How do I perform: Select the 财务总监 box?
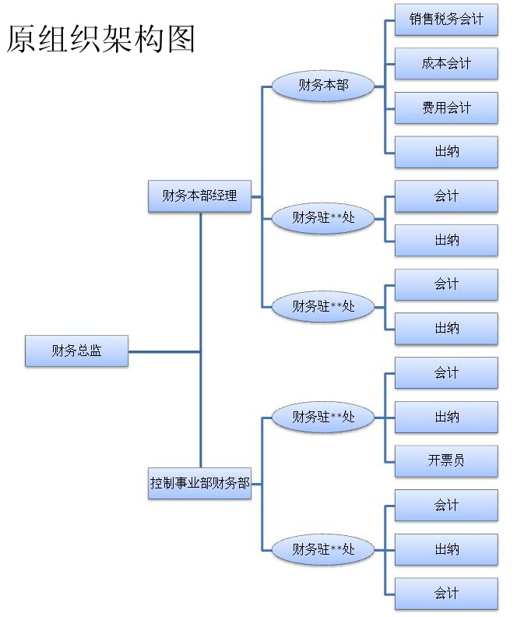[76, 351]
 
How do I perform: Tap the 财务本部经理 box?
[199, 196]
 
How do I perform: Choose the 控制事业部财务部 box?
[199, 483]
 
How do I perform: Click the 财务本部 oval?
[323, 85]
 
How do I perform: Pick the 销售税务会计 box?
[446, 19]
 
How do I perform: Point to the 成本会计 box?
[446, 64]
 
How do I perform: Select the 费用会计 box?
[446, 108]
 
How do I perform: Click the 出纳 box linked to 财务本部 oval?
[446, 152]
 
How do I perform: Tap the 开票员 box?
[446, 460]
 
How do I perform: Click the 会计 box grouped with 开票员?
[446, 372]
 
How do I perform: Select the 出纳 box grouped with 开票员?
[446, 417]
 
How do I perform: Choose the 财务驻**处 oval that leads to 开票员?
[323, 417]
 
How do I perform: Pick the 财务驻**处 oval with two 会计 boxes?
[323, 549]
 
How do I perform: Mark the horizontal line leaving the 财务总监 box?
[164, 351]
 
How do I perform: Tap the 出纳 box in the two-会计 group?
[446, 549]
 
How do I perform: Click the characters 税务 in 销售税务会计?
[446, 19]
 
